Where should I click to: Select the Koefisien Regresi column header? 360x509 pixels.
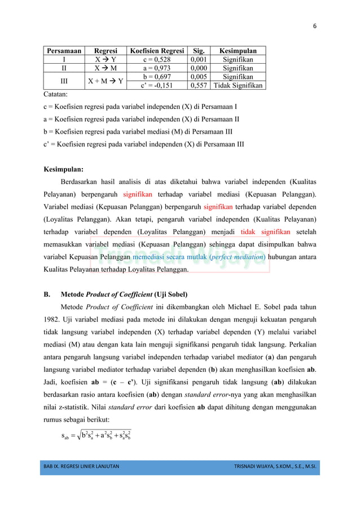tap(157, 50)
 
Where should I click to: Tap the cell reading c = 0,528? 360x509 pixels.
tap(157, 59)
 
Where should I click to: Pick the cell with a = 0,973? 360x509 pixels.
tap(157, 68)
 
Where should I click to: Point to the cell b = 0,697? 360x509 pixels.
tap(157, 77)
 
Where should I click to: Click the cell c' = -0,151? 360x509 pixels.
tap(157, 86)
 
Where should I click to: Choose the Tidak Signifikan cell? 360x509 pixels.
tap(238, 86)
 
